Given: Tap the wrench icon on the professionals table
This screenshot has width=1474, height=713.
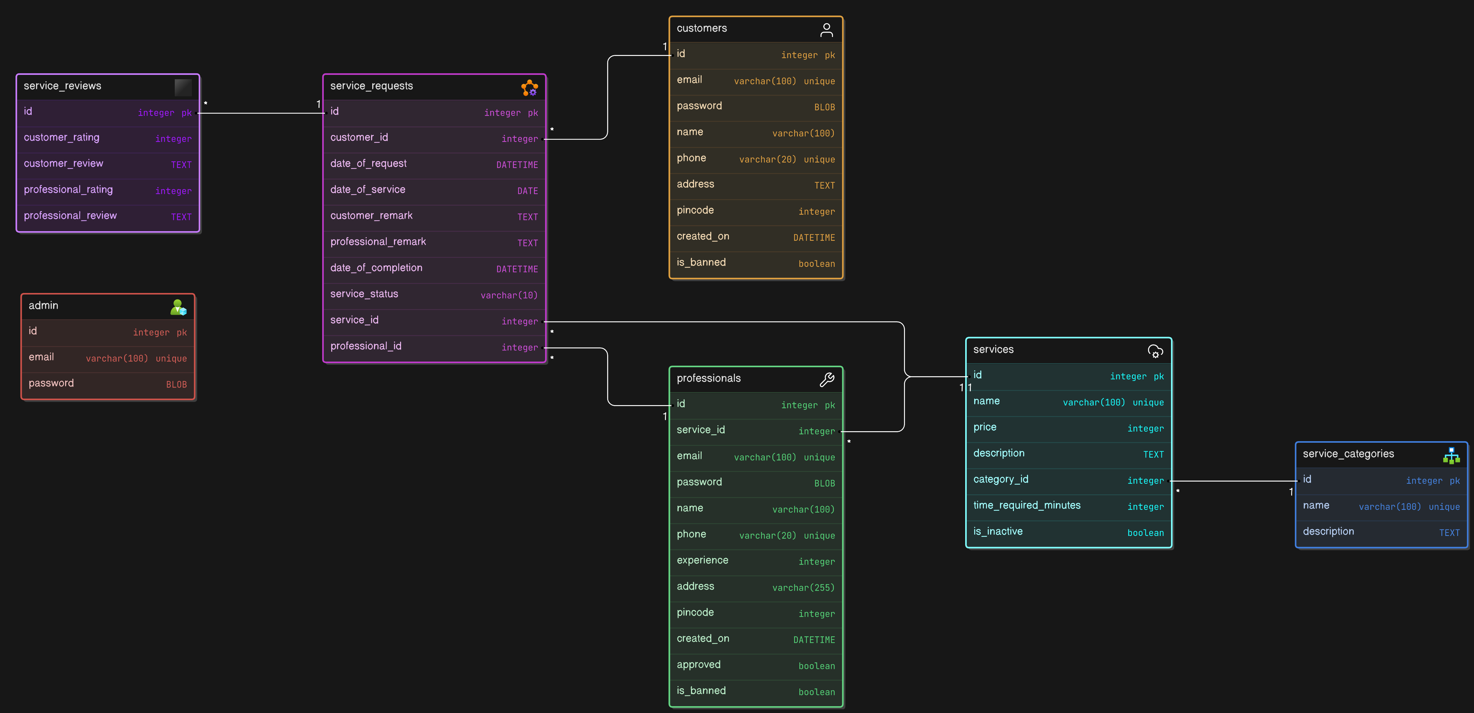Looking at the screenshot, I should coord(826,379).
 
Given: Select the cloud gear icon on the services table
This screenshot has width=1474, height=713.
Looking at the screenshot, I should coord(1155,351).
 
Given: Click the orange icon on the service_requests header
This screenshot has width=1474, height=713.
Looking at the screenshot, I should coord(529,88).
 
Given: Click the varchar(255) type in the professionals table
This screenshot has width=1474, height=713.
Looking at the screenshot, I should coord(803,587).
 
